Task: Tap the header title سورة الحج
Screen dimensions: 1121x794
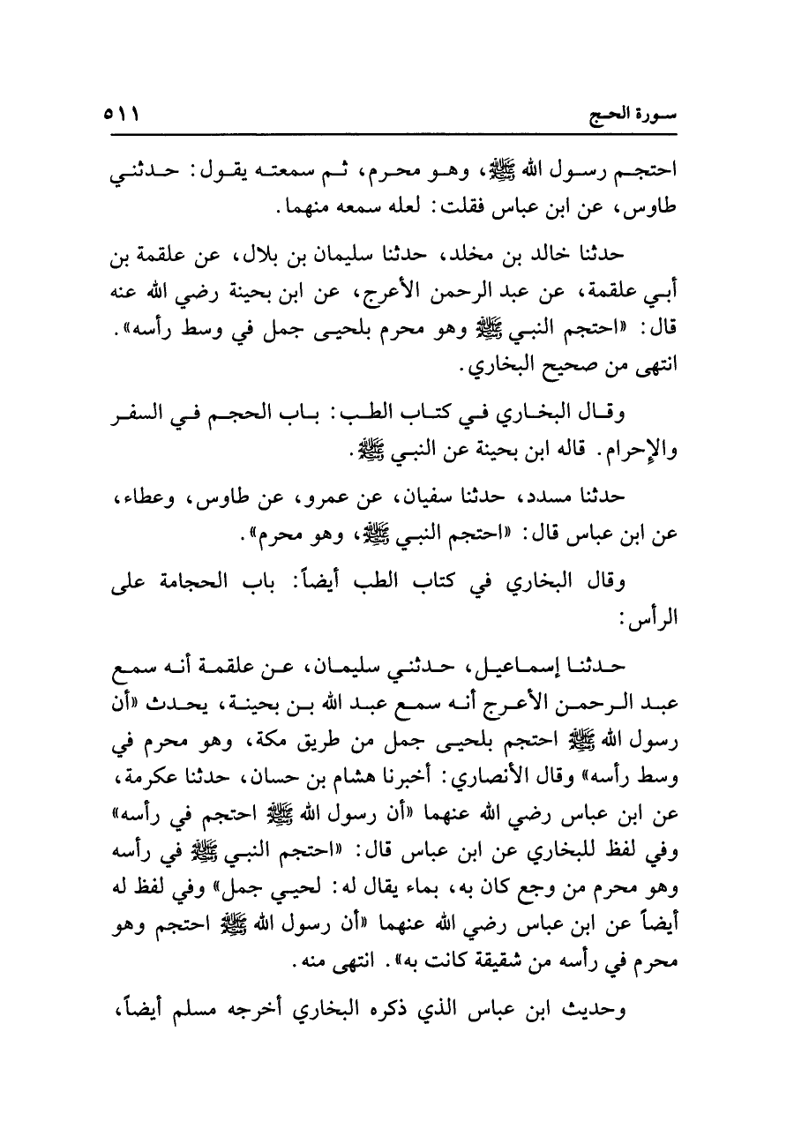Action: [x=633, y=116]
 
